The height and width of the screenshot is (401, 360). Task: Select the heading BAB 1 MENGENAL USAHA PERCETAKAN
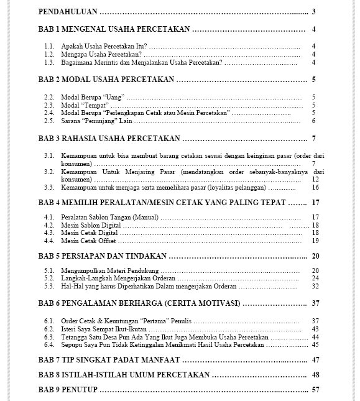click(x=114, y=29)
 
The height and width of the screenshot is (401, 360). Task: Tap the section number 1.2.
click(x=50, y=54)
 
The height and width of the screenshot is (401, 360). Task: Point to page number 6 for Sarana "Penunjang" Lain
click(x=314, y=121)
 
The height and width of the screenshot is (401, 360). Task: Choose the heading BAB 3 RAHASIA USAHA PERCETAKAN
click(x=109, y=138)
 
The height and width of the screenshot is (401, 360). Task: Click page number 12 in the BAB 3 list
click(x=315, y=178)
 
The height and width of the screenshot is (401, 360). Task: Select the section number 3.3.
click(x=50, y=187)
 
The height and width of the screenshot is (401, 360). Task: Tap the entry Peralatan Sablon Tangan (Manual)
click(x=109, y=217)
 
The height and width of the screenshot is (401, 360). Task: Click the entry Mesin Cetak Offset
click(x=88, y=241)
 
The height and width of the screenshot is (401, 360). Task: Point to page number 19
click(x=315, y=241)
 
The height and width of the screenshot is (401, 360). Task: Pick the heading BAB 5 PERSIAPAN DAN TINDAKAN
click(x=103, y=256)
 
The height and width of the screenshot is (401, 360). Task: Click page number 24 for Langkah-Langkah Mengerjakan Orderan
click(x=315, y=278)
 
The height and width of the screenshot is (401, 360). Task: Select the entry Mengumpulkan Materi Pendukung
click(x=109, y=270)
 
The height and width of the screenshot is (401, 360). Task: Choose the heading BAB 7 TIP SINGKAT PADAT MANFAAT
click(x=109, y=360)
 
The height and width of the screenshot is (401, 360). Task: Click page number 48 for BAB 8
click(x=315, y=375)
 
